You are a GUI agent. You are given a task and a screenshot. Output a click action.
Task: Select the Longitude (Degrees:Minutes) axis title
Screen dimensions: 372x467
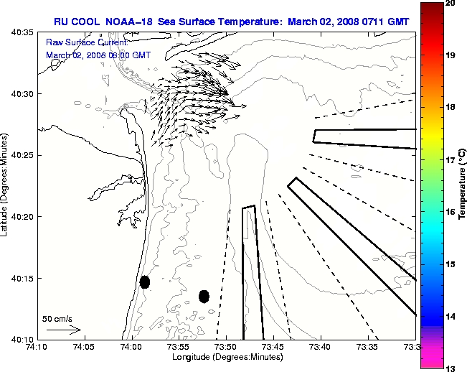226,357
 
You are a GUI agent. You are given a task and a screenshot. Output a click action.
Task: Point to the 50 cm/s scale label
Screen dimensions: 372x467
57,318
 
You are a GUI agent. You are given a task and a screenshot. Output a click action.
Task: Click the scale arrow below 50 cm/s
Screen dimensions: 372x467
63,330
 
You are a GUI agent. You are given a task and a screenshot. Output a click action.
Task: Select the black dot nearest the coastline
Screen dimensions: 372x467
145,282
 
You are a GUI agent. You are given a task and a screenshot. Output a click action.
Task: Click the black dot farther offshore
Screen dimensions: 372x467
204,296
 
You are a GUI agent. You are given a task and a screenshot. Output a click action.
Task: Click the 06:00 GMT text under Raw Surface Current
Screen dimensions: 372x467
127,55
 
